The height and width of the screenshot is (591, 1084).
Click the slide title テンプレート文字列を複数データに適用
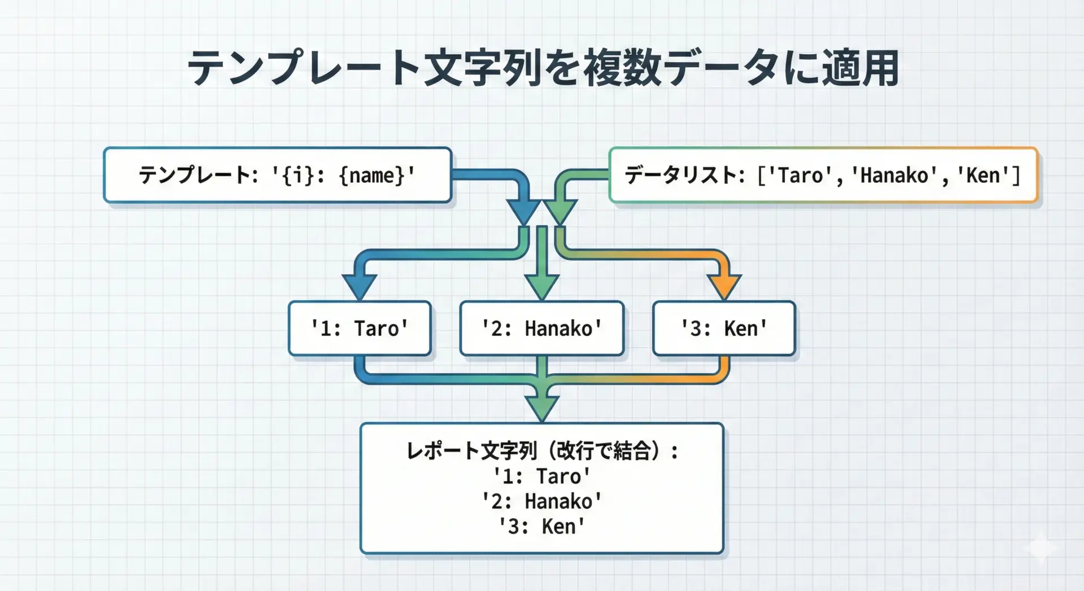tap(542, 69)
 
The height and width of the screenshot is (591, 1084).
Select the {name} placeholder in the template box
tap(372, 176)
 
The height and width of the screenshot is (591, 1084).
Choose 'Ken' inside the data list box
tap(983, 176)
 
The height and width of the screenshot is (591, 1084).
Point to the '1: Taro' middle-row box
tap(360, 329)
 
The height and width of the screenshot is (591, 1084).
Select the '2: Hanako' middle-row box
tap(542, 329)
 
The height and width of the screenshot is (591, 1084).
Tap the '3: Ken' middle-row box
tap(724, 329)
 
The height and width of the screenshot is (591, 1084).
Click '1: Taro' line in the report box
tap(542, 476)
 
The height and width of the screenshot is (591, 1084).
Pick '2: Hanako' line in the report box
tap(542, 501)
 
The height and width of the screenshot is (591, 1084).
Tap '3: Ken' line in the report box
tap(542, 526)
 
